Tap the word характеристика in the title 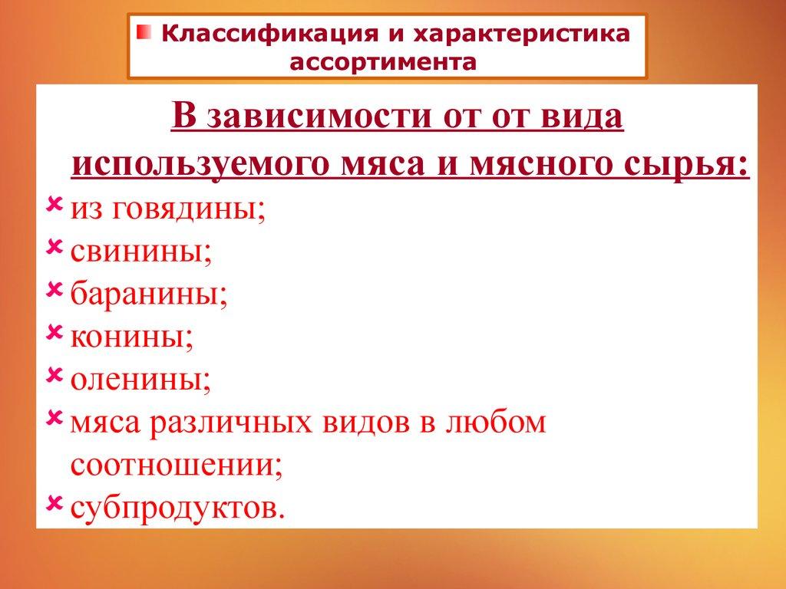521,34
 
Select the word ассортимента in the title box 383,63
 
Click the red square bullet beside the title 144,31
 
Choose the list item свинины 141,252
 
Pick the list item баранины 149,294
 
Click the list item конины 132,337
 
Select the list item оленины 141,380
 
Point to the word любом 495,423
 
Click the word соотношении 177,466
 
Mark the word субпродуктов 178,509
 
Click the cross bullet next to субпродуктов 54,502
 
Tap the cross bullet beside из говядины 54,203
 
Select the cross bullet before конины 54,331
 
